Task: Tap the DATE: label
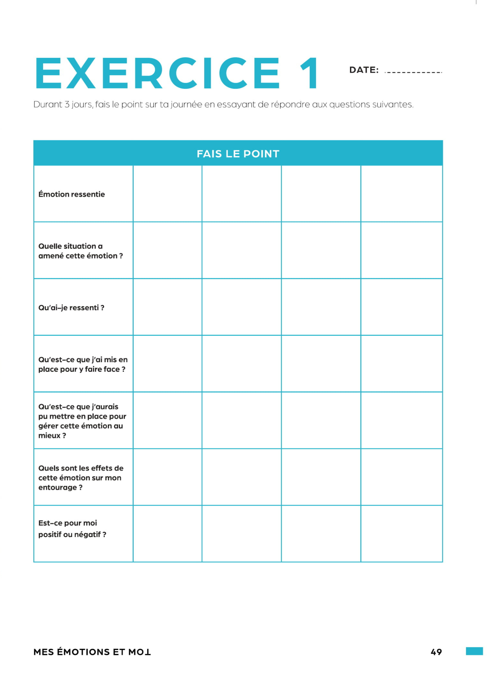[x=364, y=70]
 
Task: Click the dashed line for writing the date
[x=413, y=72]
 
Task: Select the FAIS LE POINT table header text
[x=238, y=154]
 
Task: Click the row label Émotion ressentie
[x=72, y=194]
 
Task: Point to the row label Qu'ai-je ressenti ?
[x=71, y=308]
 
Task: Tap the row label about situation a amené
[x=81, y=251]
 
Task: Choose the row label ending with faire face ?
[x=83, y=365]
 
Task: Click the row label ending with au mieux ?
[x=82, y=421]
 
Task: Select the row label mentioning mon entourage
[x=81, y=478]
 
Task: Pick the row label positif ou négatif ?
[x=72, y=529]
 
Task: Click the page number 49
[x=436, y=652]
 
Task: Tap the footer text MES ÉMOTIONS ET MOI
[x=92, y=652]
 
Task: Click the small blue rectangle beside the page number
[x=474, y=651]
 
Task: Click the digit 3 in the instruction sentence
[x=67, y=105]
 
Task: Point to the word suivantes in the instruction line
[x=393, y=105]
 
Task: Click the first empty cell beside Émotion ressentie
[x=167, y=194]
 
